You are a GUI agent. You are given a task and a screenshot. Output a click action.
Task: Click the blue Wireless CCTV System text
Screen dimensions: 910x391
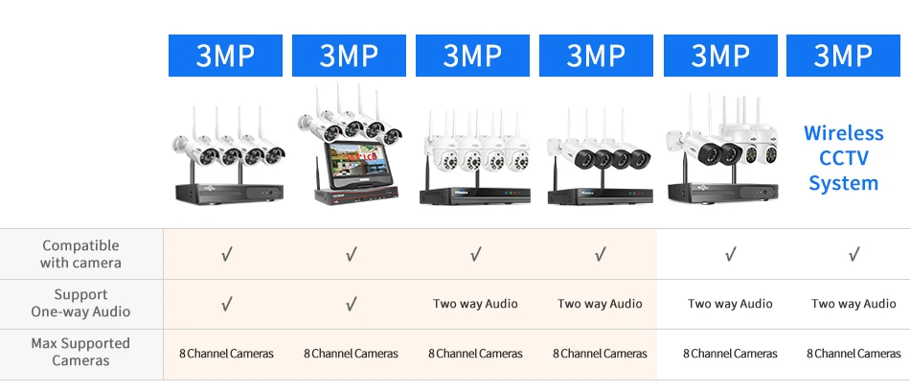(843, 158)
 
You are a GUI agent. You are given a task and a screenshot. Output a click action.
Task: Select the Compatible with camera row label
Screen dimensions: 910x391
(80, 254)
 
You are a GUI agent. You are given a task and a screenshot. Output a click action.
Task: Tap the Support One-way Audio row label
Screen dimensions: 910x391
(80, 303)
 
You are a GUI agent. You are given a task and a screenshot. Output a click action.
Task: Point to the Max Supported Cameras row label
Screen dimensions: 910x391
(80, 352)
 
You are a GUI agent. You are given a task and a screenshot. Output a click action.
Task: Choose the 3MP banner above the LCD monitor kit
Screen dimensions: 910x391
(349, 56)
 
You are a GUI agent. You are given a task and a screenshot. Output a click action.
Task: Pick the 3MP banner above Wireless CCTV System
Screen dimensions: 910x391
(843, 56)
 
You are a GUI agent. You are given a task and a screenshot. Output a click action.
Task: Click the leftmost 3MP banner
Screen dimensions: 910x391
(225, 56)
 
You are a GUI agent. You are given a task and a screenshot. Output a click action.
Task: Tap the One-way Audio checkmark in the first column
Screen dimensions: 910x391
(227, 303)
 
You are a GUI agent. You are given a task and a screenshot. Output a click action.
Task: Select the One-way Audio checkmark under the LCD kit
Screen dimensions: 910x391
(352, 303)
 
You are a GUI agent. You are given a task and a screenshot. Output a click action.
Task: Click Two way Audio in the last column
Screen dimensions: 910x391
(853, 303)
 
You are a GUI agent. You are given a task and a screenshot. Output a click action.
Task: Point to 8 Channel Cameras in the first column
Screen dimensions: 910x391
(226, 354)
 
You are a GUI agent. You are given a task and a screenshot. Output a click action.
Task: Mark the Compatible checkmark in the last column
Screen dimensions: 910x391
(854, 254)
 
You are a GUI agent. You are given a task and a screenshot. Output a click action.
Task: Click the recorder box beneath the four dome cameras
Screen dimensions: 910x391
(475, 195)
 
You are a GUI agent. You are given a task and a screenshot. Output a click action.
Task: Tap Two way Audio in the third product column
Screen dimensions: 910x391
(475, 303)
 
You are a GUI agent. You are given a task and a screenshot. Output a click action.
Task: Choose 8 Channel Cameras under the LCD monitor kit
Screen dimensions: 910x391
(352, 354)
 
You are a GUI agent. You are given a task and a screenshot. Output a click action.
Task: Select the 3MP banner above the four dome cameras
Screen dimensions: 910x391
(472, 56)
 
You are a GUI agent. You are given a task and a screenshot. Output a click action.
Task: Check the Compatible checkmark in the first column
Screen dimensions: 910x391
(227, 254)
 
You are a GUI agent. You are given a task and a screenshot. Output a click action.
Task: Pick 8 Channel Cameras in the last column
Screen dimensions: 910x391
(853, 354)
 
